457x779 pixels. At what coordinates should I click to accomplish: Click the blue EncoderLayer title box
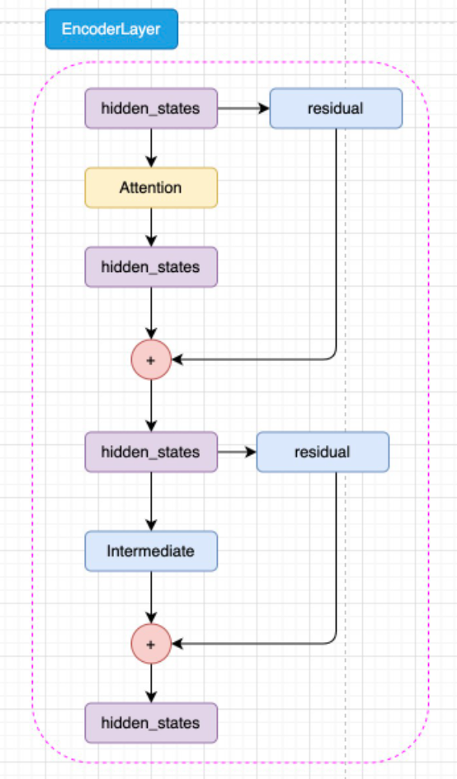pos(111,29)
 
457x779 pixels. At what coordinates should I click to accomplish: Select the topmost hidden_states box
pos(151,108)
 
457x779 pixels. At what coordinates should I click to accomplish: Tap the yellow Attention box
pos(151,188)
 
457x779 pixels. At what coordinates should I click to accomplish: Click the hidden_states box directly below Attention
pos(151,267)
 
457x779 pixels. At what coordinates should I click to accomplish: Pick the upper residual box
pos(337,108)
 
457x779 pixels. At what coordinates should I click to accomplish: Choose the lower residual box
pos(323,452)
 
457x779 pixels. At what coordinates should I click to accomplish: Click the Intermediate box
pos(151,551)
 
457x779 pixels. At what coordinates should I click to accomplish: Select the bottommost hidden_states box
pos(151,723)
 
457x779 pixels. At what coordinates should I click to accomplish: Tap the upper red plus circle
pos(151,359)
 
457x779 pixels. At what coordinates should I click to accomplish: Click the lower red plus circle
pos(151,644)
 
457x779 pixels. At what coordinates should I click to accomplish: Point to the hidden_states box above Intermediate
pos(151,452)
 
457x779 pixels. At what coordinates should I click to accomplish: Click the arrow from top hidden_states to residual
pos(243,108)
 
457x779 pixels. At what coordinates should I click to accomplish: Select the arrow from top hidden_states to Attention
pos(151,148)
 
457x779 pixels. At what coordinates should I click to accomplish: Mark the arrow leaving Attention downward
pos(151,227)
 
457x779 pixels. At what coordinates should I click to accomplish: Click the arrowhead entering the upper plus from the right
pos(177,359)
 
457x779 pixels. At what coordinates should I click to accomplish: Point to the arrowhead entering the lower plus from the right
pos(177,644)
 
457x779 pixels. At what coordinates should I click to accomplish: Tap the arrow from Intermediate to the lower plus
pos(151,597)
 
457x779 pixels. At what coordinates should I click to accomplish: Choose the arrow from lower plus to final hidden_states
pos(151,683)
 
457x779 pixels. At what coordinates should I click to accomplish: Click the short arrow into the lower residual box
pos(238,452)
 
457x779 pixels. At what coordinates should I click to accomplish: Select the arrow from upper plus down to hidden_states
pos(151,406)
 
